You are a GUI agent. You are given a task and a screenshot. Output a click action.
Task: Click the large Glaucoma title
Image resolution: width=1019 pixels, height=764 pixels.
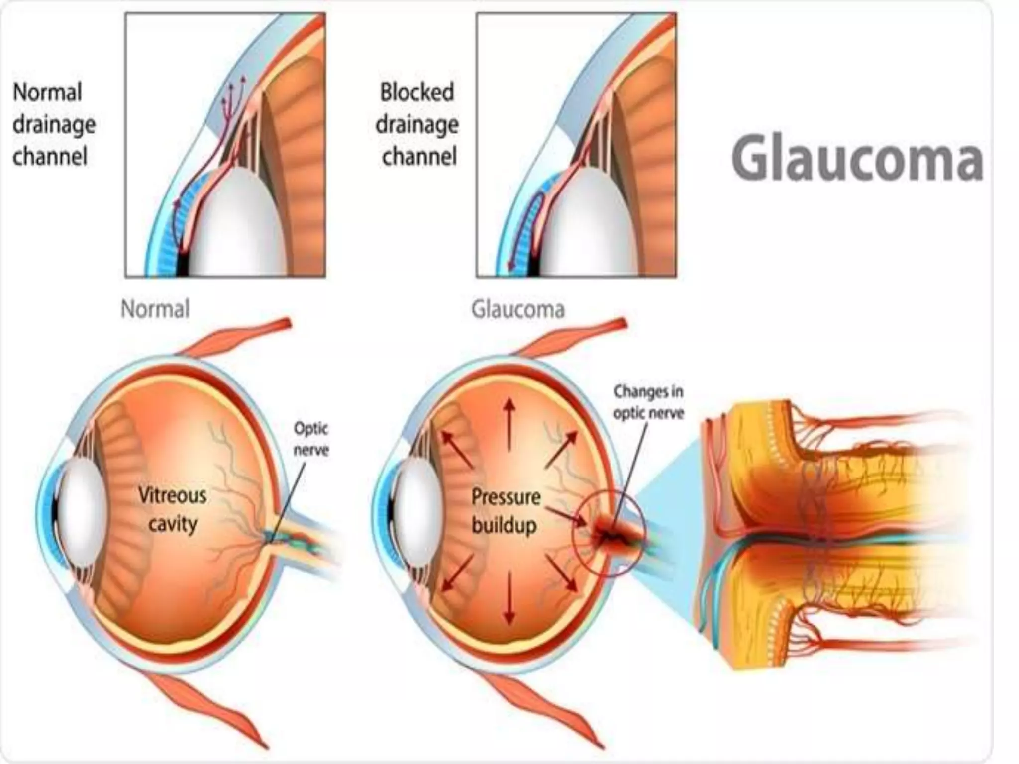point(857,159)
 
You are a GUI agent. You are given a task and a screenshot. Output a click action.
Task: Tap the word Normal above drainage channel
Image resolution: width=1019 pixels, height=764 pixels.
point(47,93)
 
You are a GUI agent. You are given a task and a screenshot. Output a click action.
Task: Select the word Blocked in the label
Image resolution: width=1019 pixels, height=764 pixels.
point(417,93)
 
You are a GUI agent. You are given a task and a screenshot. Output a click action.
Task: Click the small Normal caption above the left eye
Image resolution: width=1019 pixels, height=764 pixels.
point(155,309)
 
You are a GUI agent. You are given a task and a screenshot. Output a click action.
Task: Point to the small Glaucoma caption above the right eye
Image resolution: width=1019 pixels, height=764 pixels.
point(517,309)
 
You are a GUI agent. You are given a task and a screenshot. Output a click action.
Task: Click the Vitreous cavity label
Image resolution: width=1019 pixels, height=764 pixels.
point(172,509)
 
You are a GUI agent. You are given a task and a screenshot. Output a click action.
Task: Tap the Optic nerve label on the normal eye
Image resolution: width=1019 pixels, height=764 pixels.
point(311,439)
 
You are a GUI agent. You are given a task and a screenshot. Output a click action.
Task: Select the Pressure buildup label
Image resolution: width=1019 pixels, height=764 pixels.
point(506,511)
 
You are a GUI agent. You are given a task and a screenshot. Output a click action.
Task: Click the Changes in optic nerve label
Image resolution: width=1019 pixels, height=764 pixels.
point(648,402)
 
